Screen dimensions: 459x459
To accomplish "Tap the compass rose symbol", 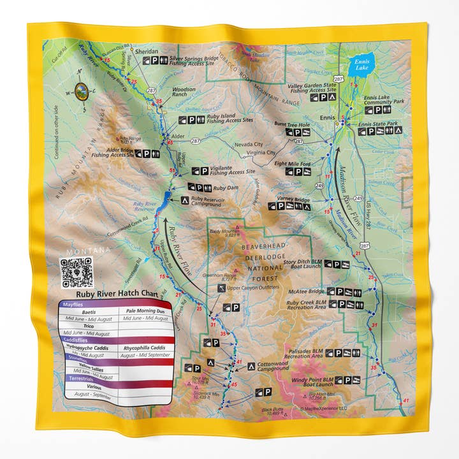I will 82,92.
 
